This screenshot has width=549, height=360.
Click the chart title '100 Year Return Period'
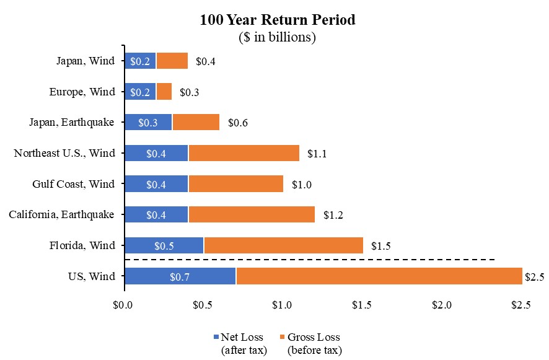coord(278,20)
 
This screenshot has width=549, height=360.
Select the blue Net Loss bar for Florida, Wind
coord(164,245)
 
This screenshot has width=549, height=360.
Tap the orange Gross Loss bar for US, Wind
coord(379,276)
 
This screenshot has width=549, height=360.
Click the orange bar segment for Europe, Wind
coord(164,92)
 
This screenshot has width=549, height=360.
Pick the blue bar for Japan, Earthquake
coord(149,122)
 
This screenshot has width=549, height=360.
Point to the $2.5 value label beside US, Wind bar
coord(534,277)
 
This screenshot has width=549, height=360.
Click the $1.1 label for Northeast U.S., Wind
coord(317,154)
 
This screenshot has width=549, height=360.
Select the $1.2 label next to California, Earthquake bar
coord(333,215)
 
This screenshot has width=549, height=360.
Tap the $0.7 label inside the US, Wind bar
coord(180,277)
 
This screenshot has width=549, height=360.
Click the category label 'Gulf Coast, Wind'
coord(74,184)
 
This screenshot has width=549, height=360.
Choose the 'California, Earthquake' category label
coord(61,214)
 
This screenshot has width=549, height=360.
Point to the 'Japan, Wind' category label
coord(86,61)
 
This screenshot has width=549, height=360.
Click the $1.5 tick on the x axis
coord(362,305)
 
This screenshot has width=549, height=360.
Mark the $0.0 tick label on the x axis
coord(123,305)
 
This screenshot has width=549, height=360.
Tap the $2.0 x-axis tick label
coord(442,305)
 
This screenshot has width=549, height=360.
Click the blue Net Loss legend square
coord(216,337)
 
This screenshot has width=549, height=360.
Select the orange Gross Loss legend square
coord(282,337)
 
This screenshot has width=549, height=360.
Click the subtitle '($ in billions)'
coord(278,37)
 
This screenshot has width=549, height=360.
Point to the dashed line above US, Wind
coord(310,260)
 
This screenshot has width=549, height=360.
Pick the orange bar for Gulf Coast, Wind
coord(236,184)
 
